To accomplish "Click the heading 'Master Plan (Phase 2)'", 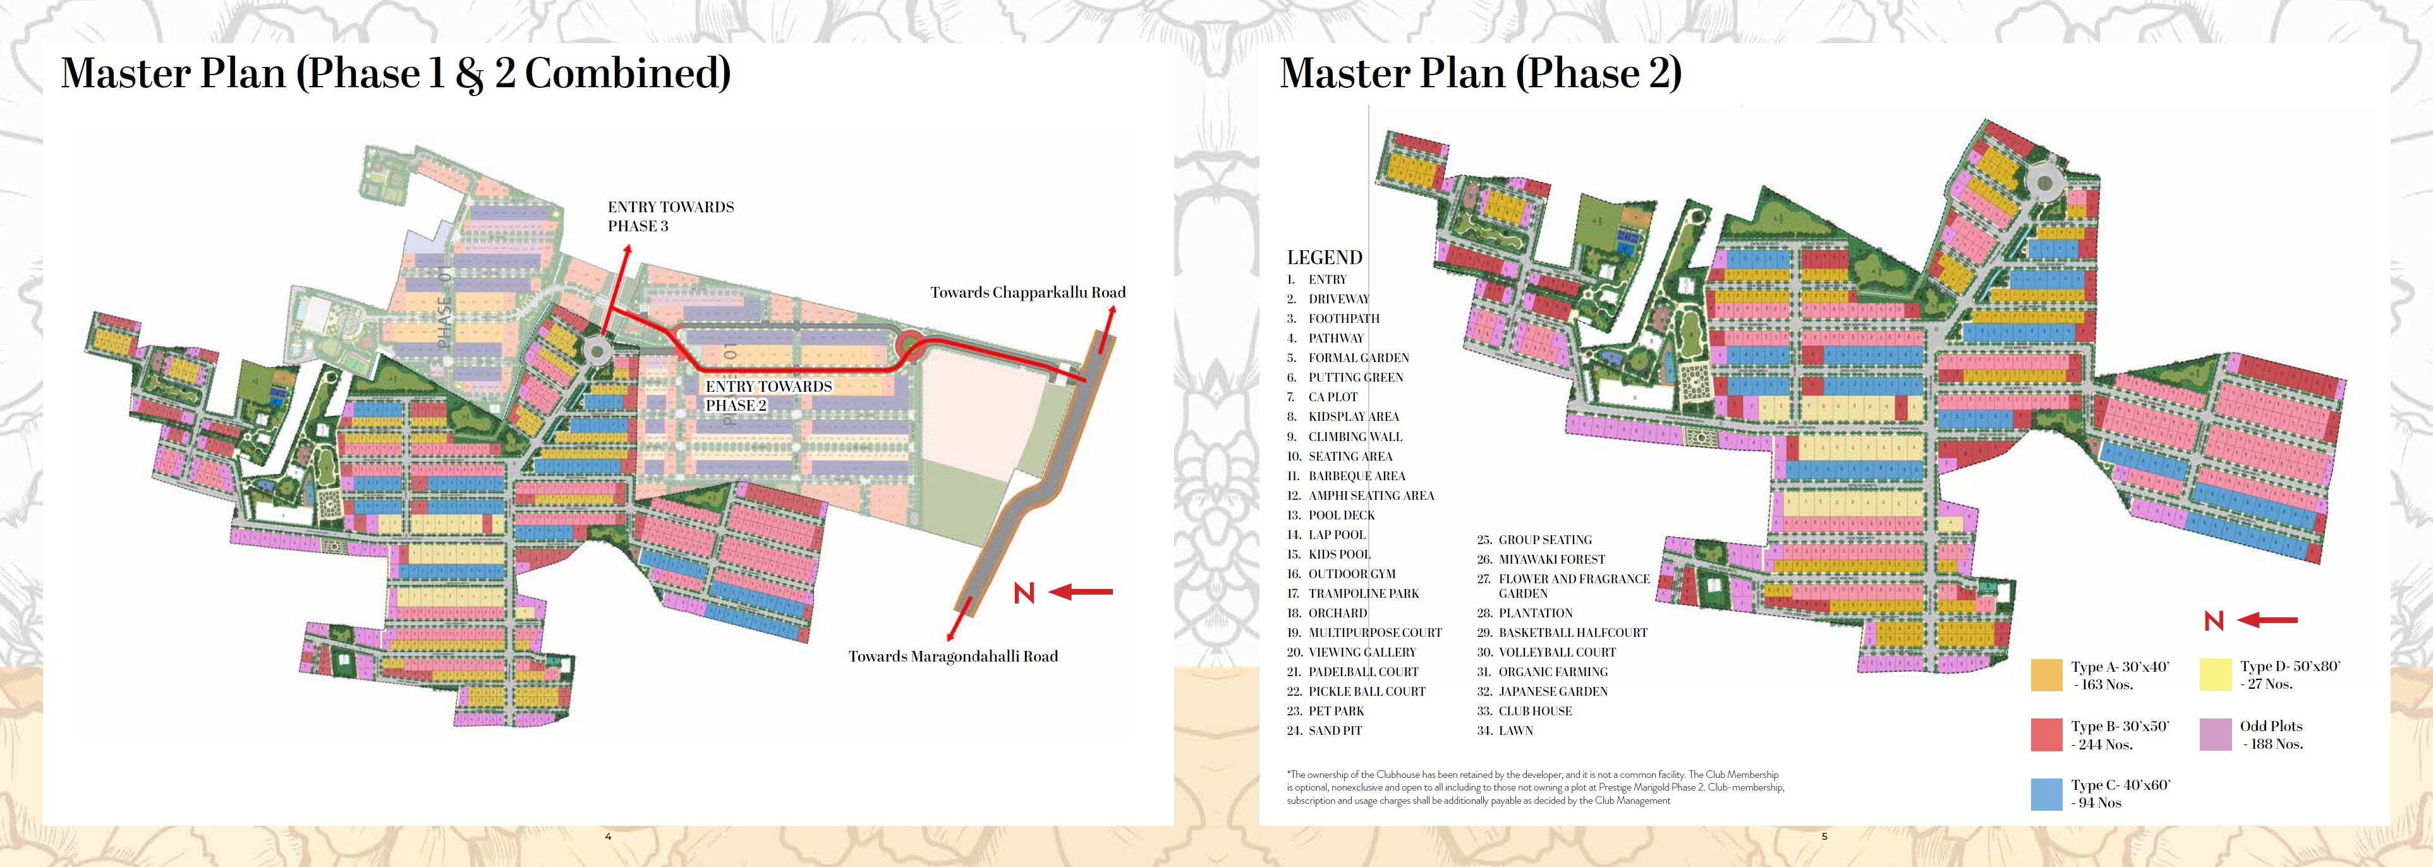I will [1480, 74].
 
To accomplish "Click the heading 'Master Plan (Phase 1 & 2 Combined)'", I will [396, 74].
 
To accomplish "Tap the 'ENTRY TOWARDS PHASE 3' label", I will [670, 216].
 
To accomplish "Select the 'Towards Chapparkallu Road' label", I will [1028, 293].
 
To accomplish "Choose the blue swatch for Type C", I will [2046, 793].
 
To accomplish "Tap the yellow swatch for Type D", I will [2215, 674].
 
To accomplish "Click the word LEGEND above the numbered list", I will [1324, 258].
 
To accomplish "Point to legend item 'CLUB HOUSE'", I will [1535, 711].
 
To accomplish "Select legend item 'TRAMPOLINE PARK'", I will [1363, 594].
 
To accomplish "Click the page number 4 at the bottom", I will [608, 837].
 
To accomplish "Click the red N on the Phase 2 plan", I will [2214, 621].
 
